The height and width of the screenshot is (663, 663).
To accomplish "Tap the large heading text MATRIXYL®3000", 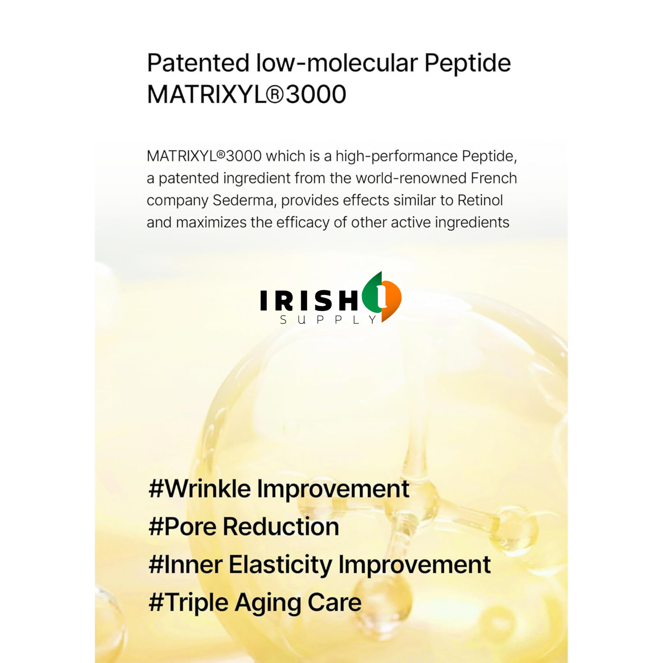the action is coord(246,94).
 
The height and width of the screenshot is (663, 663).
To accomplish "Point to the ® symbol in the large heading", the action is coord(275,95).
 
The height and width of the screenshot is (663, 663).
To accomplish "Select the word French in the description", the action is coord(493,178).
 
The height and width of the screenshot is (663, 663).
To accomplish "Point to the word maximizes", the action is coord(211,222).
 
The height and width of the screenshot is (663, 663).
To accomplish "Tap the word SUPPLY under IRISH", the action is coord(328,320).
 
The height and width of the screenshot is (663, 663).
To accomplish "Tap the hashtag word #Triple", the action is coord(188,603).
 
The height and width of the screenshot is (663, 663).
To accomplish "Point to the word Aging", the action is coord(267,604).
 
